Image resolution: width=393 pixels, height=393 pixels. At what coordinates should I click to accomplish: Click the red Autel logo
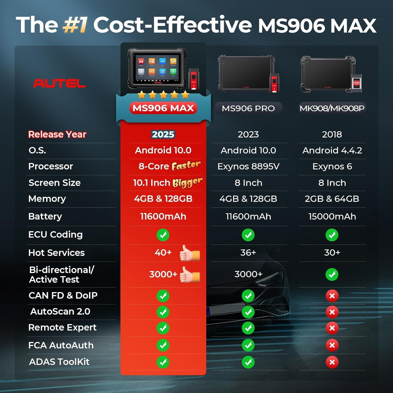point(59,83)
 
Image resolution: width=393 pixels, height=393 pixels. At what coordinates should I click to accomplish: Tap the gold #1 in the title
point(75,25)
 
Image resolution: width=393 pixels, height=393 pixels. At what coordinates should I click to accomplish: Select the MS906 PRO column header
point(248,108)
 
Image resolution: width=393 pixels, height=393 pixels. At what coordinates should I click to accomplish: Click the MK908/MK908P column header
point(332,108)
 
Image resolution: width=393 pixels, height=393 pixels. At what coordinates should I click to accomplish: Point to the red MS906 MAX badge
point(163,108)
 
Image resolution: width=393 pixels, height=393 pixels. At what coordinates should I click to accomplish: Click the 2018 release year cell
point(332,134)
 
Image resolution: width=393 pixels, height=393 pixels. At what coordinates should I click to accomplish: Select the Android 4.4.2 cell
point(332,150)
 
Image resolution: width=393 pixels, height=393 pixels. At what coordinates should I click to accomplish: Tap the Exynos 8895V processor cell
point(248,166)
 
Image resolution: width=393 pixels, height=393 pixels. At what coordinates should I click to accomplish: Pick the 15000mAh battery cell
point(332,216)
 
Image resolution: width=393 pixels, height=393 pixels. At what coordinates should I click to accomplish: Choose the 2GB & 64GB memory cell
point(332,199)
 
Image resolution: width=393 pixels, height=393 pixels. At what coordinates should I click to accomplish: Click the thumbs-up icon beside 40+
point(189,253)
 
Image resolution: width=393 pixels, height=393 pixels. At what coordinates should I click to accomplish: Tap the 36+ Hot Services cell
point(248,252)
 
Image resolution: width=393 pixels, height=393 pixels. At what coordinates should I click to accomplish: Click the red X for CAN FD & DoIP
point(332,296)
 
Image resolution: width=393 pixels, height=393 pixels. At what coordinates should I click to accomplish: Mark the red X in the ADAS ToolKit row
point(332,362)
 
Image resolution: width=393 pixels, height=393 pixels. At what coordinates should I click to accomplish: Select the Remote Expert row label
point(62,327)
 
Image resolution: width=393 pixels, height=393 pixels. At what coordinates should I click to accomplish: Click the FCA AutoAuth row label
point(61,345)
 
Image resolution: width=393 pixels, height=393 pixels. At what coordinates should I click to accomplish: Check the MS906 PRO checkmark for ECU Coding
point(248,235)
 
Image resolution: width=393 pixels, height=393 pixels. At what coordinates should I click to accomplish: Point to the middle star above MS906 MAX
point(163,95)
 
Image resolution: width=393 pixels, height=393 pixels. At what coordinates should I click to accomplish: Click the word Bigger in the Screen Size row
point(187,182)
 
